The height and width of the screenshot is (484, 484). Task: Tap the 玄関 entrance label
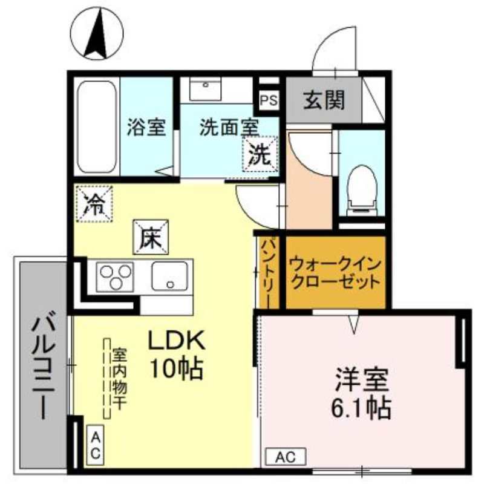324,100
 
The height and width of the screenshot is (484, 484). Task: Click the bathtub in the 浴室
97,127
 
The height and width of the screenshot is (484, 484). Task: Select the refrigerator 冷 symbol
94,203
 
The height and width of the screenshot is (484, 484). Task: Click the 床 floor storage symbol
151,235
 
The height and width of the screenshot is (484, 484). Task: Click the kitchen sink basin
170,277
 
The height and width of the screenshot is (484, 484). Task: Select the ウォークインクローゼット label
335,273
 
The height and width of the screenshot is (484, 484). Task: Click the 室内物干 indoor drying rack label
120,378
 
